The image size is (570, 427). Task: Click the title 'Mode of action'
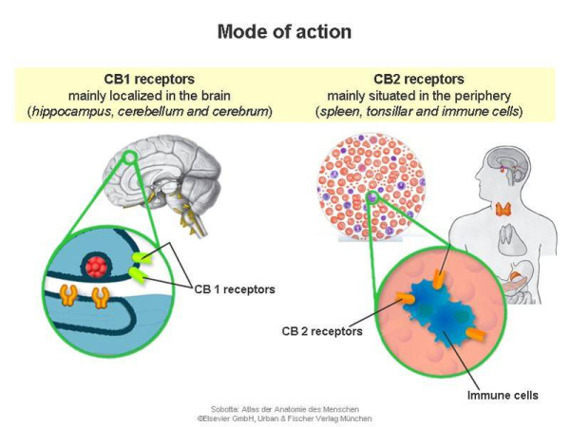285,31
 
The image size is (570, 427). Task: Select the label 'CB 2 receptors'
322,332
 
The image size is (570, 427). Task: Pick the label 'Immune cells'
501,393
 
